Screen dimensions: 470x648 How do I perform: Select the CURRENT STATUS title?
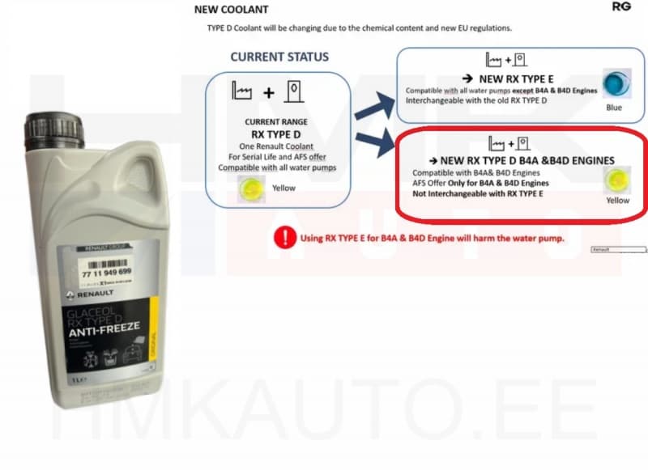[279, 57]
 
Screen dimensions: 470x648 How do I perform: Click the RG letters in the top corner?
[622, 6]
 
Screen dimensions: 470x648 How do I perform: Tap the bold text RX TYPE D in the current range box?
[278, 133]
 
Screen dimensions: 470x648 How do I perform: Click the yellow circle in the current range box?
[249, 189]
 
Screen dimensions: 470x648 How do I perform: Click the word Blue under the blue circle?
[614, 108]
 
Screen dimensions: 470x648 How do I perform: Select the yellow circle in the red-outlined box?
[617, 180]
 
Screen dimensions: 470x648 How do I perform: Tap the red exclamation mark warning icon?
[285, 237]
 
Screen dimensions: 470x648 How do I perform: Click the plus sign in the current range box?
[268, 93]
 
